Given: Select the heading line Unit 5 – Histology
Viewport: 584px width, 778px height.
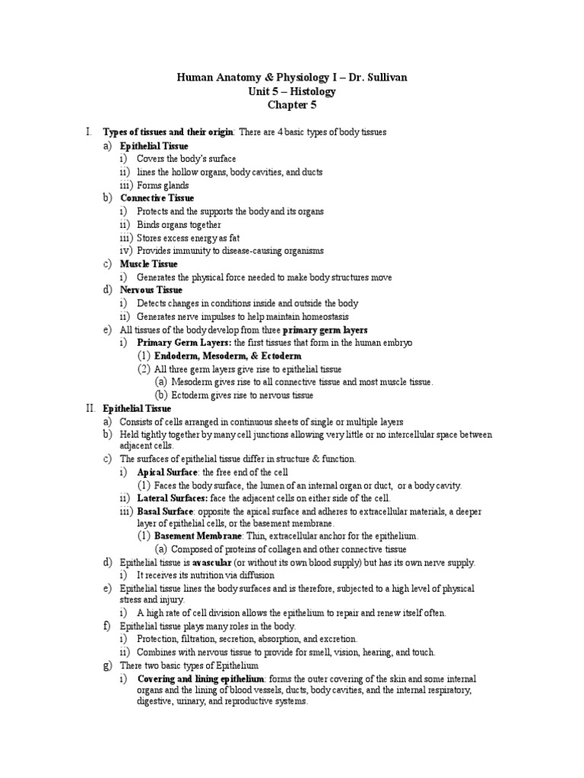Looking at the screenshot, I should [291, 91].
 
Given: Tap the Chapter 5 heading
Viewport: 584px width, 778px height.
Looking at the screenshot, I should [291, 105].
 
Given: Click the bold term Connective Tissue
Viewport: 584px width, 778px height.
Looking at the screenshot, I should [157, 198].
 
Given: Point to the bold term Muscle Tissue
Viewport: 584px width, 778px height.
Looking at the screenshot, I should [149, 264].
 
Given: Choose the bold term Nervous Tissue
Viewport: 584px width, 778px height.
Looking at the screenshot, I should [151, 290].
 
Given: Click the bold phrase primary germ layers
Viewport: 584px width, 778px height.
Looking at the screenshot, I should [325, 330].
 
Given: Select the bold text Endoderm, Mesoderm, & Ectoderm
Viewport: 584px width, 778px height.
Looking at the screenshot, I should [228, 356].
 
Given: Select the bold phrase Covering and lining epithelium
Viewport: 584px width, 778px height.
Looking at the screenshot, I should [202, 678].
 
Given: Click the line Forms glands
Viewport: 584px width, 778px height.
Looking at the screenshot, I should [163, 185].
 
